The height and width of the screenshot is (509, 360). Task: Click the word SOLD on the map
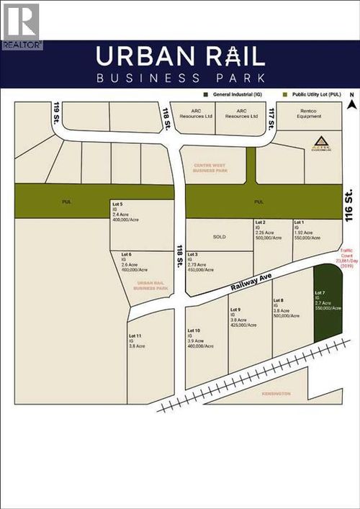point(219,236)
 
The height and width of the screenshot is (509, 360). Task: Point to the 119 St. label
point(56,114)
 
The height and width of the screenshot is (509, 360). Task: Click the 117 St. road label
point(271,113)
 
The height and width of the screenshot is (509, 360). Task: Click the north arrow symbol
point(350,103)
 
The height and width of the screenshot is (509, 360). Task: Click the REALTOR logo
point(21,25)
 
